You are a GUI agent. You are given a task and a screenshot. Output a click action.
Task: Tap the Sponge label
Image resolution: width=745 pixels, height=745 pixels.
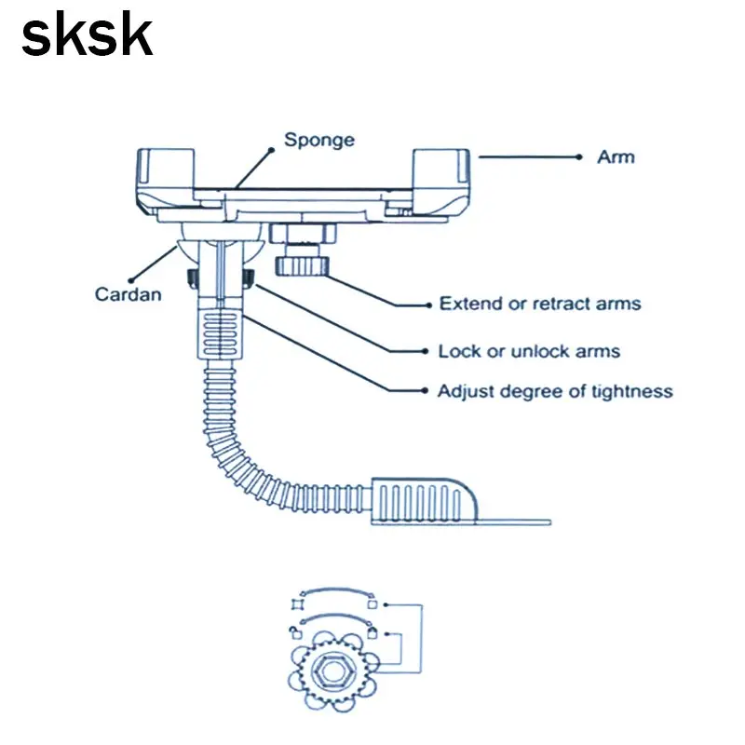pos(319,141)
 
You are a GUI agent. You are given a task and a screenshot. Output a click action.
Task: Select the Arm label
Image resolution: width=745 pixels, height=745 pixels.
pos(616,156)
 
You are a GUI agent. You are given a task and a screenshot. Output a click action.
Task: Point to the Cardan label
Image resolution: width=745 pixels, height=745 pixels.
pos(129,294)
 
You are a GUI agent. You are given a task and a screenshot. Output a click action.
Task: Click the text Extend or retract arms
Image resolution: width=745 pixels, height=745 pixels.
pos(540,304)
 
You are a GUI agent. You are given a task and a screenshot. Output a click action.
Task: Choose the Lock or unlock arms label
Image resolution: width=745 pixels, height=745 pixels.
pos(529,351)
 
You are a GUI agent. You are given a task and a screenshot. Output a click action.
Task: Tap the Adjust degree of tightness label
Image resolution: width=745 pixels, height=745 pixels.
pos(555,391)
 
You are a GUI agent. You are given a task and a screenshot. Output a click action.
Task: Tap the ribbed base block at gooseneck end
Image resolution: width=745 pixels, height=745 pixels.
pos(424,501)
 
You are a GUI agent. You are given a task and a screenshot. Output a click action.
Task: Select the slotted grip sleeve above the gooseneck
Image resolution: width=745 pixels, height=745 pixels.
pos(221,332)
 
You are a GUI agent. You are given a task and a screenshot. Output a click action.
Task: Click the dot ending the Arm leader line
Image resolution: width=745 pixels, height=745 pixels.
pos(578,156)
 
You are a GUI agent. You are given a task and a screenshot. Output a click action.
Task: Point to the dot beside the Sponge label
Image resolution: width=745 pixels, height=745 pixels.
pos(271,150)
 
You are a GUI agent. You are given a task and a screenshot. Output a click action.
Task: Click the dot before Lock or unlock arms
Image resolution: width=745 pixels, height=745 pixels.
pos(426,351)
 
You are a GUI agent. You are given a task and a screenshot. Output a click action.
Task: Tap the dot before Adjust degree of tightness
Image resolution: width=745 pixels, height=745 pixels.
pos(425,390)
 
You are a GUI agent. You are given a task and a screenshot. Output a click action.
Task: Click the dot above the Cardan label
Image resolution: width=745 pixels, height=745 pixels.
pos(131,280)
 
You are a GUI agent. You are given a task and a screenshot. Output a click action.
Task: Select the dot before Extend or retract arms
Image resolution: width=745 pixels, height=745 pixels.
pos(429,305)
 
